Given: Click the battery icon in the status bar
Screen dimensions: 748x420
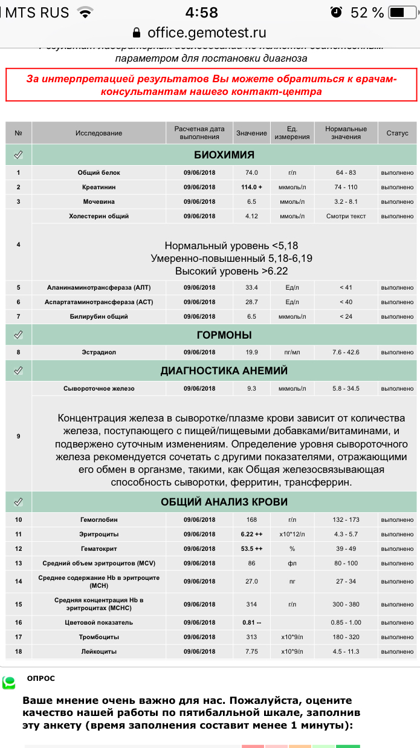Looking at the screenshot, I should tap(398, 12).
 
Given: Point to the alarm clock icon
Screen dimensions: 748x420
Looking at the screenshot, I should tap(336, 12).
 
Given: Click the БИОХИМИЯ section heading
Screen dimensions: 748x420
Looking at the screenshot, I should tap(224, 154).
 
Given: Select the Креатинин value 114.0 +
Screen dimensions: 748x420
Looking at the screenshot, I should tap(251, 187).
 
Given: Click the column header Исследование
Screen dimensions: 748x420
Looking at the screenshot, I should tap(99, 133).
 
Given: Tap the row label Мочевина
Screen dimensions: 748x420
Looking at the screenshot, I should tap(99, 201).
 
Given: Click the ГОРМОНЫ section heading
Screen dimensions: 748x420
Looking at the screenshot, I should tap(224, 334).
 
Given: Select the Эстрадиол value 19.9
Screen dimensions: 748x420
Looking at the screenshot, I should tap(251, 352).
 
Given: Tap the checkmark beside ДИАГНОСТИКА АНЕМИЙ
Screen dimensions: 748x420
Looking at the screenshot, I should tap(18, 370).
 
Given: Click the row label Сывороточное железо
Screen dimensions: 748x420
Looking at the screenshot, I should tap(99, 388).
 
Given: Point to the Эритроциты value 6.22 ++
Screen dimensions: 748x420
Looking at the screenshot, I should tap(251, 534).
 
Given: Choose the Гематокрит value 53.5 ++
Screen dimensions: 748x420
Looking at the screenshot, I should tap(251, 548).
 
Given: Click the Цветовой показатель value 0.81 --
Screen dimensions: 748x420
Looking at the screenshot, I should tap(251, 622).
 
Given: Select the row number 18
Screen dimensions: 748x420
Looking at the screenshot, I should tap(18, 651).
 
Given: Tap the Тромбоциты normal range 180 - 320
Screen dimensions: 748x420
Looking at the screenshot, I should tap(346, 637).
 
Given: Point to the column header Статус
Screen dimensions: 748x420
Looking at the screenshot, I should tap(398, 133).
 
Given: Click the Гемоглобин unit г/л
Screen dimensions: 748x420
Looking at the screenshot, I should tap(292, 519).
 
